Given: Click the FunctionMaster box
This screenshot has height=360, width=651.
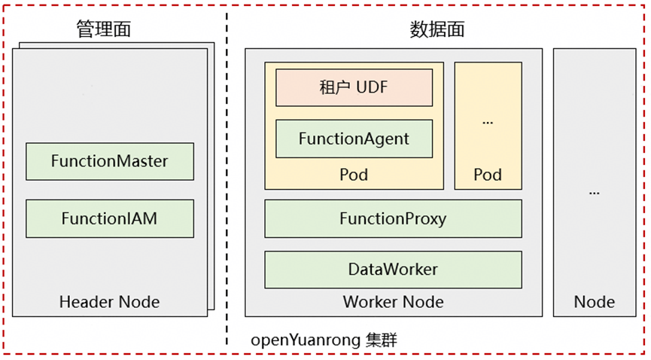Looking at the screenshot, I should [110, 161].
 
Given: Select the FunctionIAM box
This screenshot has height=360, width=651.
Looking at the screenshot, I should [110, 218].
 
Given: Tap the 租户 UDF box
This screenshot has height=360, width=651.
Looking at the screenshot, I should [354, 87].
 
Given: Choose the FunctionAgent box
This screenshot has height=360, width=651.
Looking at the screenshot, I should [354, 139].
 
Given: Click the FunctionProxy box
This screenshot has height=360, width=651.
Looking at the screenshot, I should [393, 219].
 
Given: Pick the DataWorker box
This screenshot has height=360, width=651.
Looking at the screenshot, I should [393, 270].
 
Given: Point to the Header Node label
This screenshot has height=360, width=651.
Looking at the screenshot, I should [110, 303].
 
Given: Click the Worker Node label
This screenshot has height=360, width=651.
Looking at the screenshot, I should [393, 303].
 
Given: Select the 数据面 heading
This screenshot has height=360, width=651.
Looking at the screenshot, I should [437, 29].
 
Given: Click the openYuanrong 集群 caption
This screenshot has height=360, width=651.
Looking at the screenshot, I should [324, 340].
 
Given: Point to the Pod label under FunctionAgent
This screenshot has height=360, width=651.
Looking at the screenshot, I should [354, 175].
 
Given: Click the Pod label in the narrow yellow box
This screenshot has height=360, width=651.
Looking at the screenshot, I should [488, 175].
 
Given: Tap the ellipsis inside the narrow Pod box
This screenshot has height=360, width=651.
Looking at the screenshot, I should [488, 121].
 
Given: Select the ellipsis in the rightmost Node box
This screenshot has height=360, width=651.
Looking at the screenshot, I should [595, 191].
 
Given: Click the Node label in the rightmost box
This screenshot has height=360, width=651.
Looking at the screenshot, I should [595, 303].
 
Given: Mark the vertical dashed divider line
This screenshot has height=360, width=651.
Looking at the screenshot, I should [227, 181].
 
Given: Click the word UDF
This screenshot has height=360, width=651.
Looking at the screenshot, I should [372, 87].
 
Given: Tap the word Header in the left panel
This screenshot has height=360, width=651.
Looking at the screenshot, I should [84, 303].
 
